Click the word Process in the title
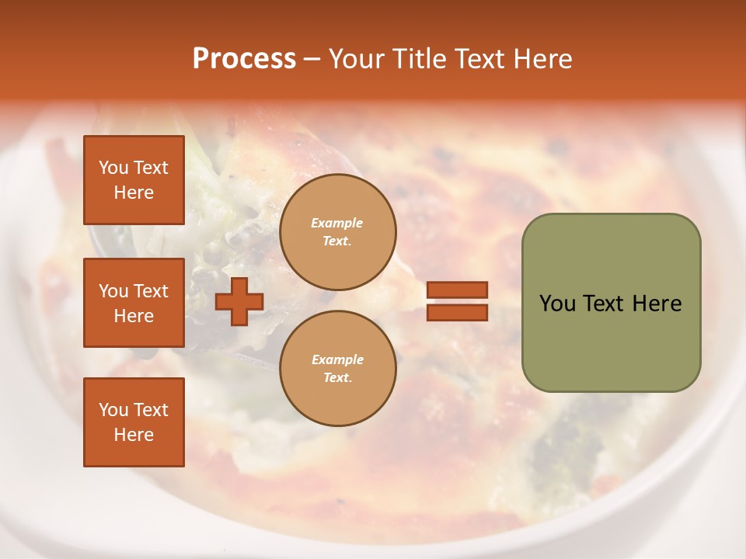point(244,59)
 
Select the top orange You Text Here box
point(134,180)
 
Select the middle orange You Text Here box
point(134,303)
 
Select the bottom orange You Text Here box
point(134,422)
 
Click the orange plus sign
point(239,301)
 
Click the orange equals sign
point(457,301)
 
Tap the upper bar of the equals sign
point(457,290)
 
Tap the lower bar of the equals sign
point(457,312)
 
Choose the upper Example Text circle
point(337,232)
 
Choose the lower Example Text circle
point(337,369)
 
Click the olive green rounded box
point(611,303)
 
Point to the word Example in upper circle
point(337,223)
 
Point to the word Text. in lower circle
point(337,378)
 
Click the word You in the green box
point(557,304)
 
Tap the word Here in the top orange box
point(134,193)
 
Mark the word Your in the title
point(356,59)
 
